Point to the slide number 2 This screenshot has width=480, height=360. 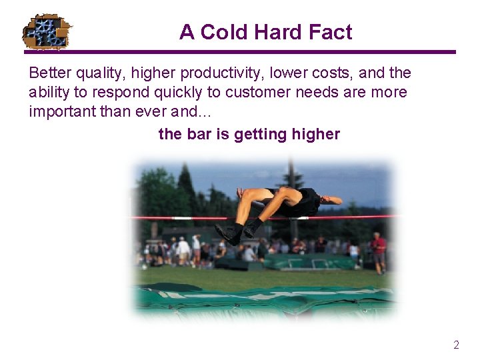tap(456, 345)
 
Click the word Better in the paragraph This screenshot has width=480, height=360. tap(49, 73)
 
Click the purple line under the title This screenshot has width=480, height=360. tap(240, 52)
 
